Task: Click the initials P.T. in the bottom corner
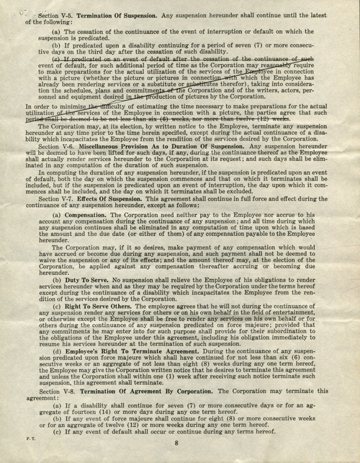tap(18, 438)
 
